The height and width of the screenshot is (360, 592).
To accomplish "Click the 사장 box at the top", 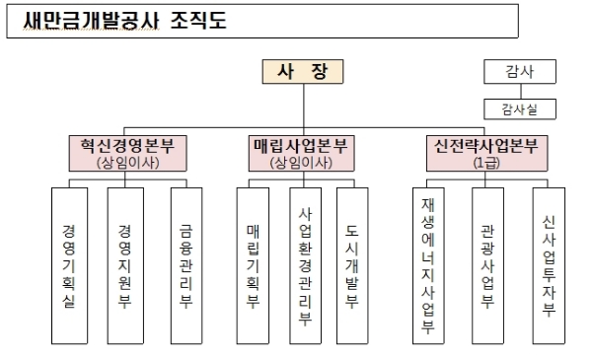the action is (304, 72).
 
